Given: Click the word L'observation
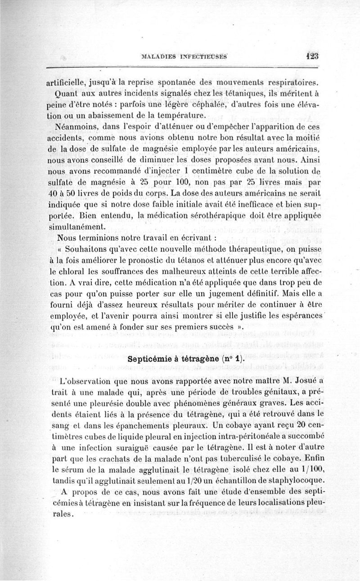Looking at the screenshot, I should tap(83, 381).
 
